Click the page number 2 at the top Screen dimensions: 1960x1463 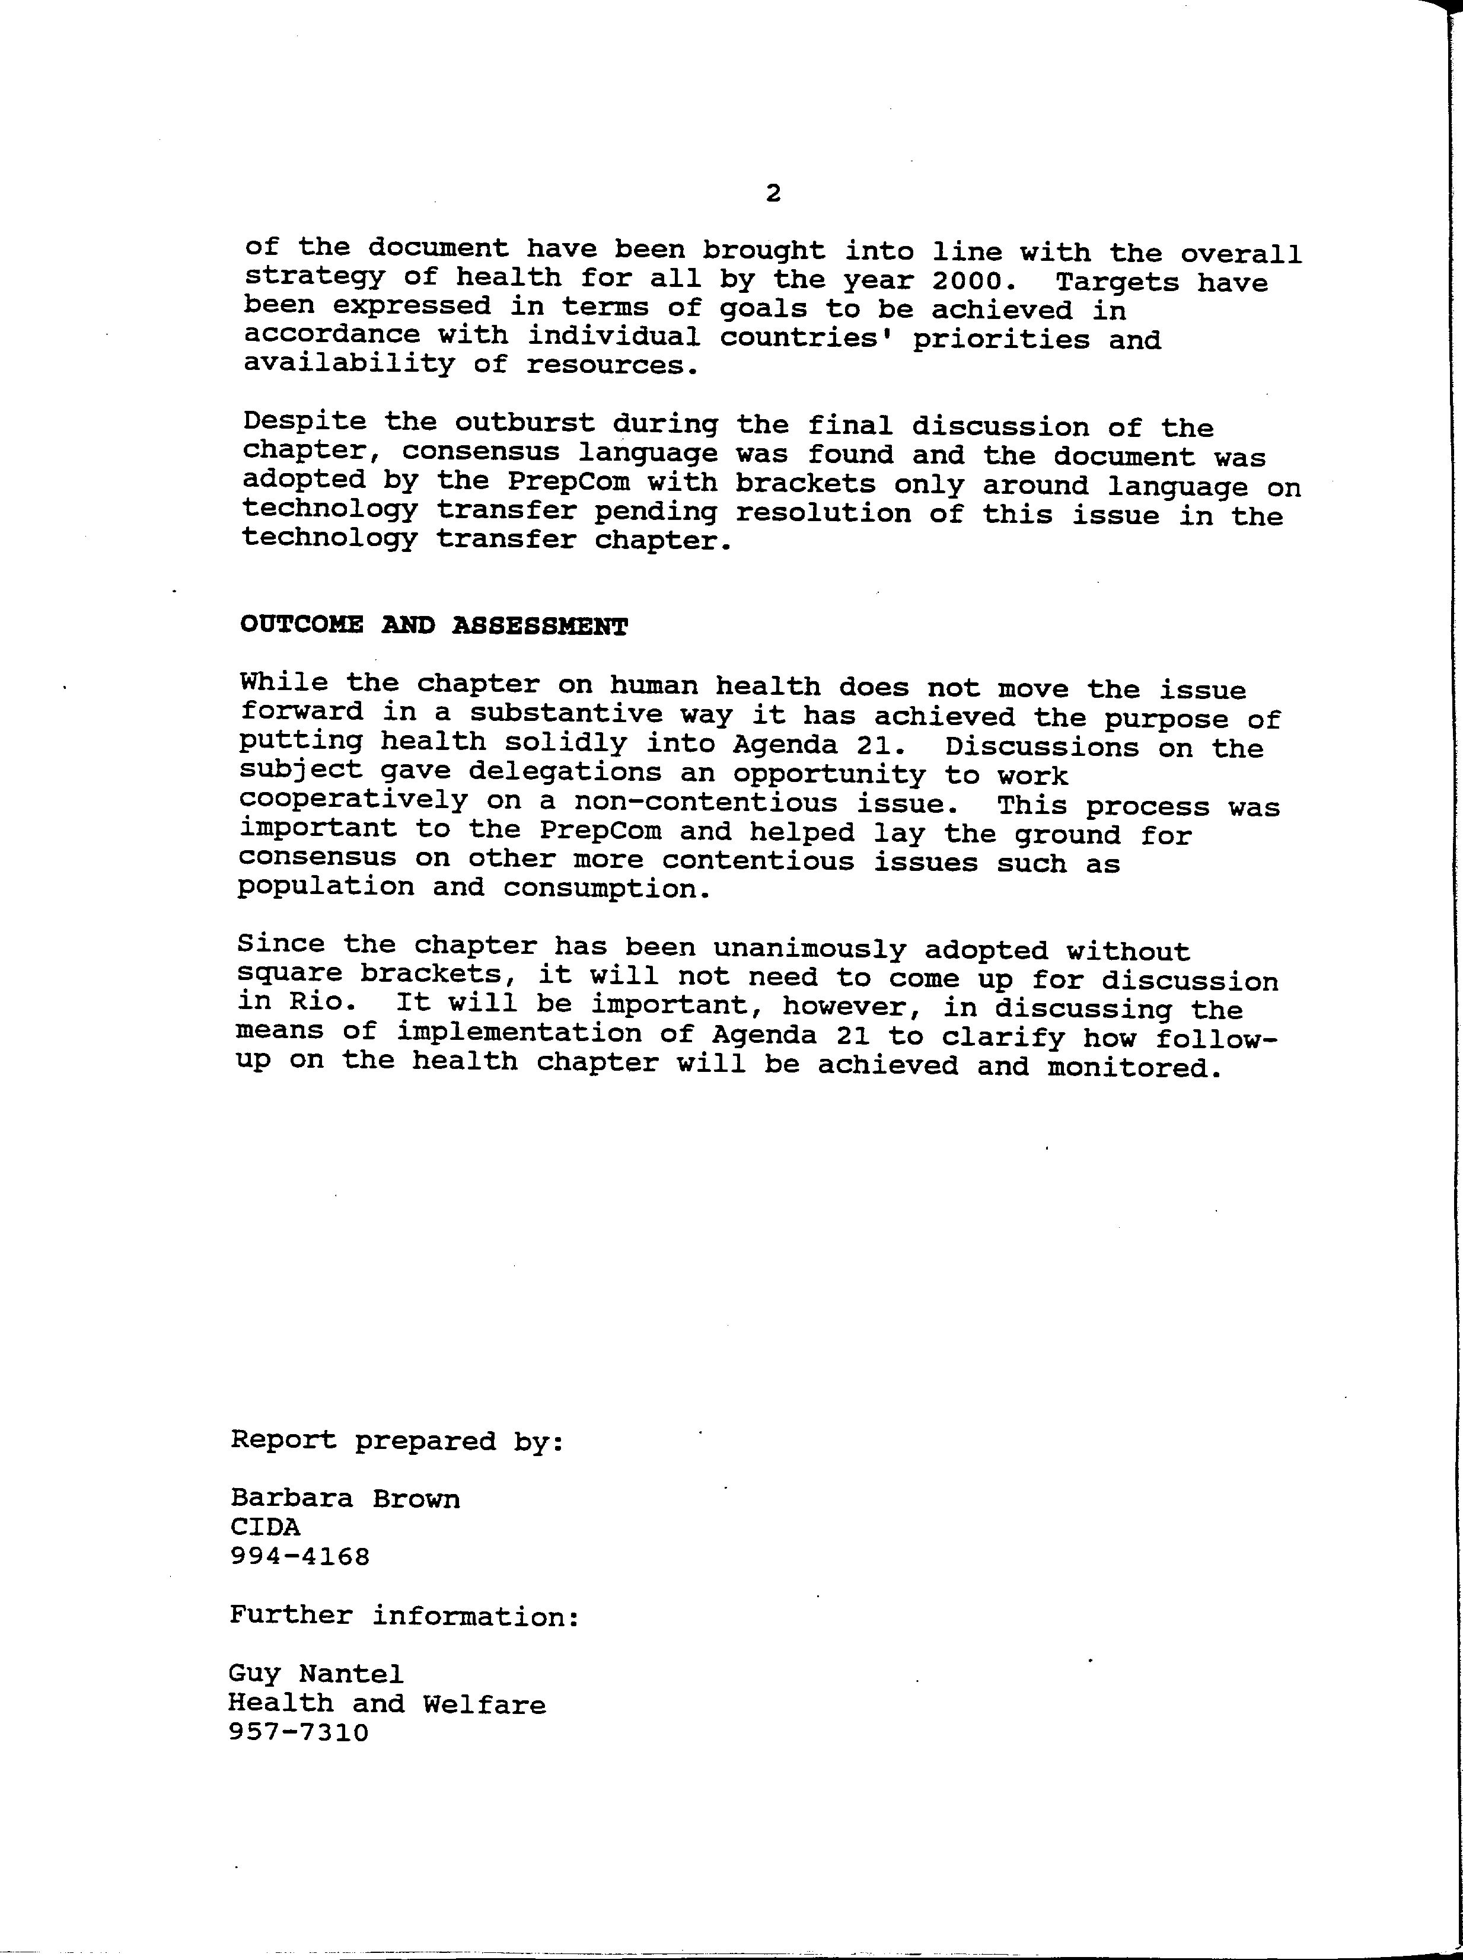[x=772, y=193]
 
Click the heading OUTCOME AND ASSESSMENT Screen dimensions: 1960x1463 [x=434, y=626]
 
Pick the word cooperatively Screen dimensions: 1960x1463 [x=353, y=800]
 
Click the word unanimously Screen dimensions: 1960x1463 [x=809, y=948]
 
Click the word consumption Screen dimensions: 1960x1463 [x=607, y=888]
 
